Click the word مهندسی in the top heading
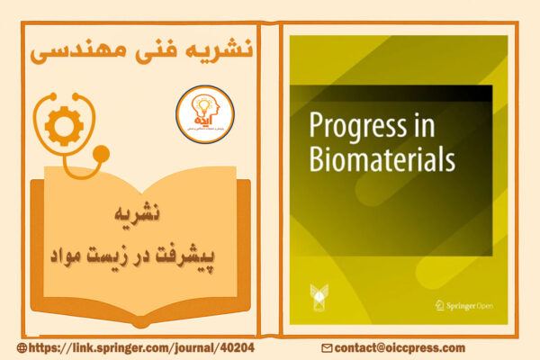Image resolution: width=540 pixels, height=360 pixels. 74,50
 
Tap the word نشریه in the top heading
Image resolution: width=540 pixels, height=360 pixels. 214,50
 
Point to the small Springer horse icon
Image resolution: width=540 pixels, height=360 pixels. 439,306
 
